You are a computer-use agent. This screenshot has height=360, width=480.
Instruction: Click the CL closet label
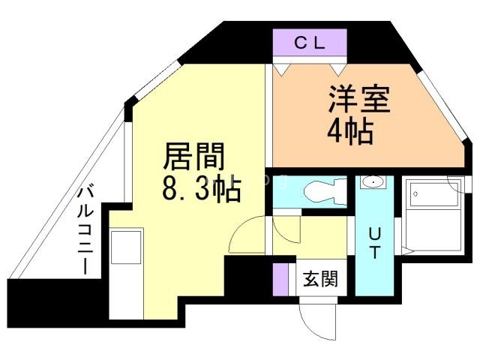coord(309,43)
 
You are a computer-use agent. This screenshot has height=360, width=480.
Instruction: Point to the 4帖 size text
coord(349,132)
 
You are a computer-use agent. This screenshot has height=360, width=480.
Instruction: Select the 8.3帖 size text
coord(201,189)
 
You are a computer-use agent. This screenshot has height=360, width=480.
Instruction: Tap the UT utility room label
coord(373,242)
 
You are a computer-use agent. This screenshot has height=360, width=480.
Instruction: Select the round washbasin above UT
coord(371,182)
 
